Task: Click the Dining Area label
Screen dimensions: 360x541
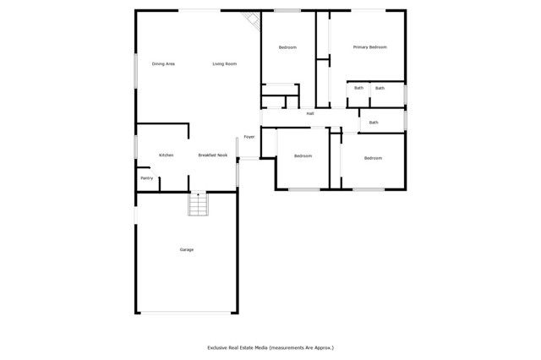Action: tap(163, 64)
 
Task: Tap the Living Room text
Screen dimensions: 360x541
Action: tap(224, 64)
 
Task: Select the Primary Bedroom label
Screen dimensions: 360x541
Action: tap(369, 47)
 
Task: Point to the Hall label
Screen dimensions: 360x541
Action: tap(310, 113)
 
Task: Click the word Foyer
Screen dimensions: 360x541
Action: tap(249, 137)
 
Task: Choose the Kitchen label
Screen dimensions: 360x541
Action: tap(167, 155)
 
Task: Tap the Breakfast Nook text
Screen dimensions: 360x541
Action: tap(213, 155)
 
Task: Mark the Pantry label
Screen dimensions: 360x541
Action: tap(146, 178)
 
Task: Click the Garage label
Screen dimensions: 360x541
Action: tap(186, 249)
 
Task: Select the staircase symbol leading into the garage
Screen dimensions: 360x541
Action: tap(197, 205)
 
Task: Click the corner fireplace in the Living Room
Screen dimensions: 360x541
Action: tap(251, 19)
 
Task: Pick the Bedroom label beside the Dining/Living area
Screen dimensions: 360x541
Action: tap(287, 47)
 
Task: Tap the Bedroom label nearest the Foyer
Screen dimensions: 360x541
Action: tap(303, 156)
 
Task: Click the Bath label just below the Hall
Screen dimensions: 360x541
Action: tap(374, 123)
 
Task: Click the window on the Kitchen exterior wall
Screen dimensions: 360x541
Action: tap(135, 147)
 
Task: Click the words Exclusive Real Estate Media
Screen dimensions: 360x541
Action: tap(239, 347)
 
